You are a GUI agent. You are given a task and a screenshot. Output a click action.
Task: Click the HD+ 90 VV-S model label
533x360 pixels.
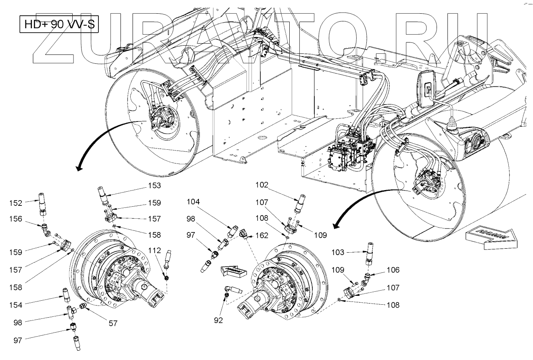tap(59, 25)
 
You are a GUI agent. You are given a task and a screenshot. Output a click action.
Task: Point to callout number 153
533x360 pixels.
tap(154, 186)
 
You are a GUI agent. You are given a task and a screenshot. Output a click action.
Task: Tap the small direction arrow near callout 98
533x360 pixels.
tap(234, 271)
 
